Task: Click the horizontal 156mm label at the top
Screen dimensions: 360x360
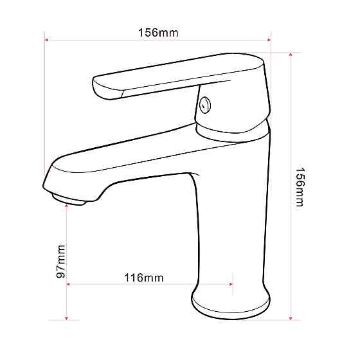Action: pos(158,33)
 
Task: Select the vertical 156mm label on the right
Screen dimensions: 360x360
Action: pos(300,187)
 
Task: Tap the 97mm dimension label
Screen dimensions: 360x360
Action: pos(61,262)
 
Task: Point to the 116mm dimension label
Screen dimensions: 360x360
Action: pos(144,278)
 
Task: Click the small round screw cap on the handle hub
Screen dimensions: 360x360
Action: pos(205,105)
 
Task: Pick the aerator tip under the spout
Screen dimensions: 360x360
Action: pos(69,199)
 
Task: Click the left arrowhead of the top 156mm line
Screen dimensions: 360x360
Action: pos(46,40)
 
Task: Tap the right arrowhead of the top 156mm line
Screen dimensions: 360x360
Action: pos(269,40)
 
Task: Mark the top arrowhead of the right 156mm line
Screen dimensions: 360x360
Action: pos(291,55)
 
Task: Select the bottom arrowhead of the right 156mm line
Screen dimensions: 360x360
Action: pos(291,318)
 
